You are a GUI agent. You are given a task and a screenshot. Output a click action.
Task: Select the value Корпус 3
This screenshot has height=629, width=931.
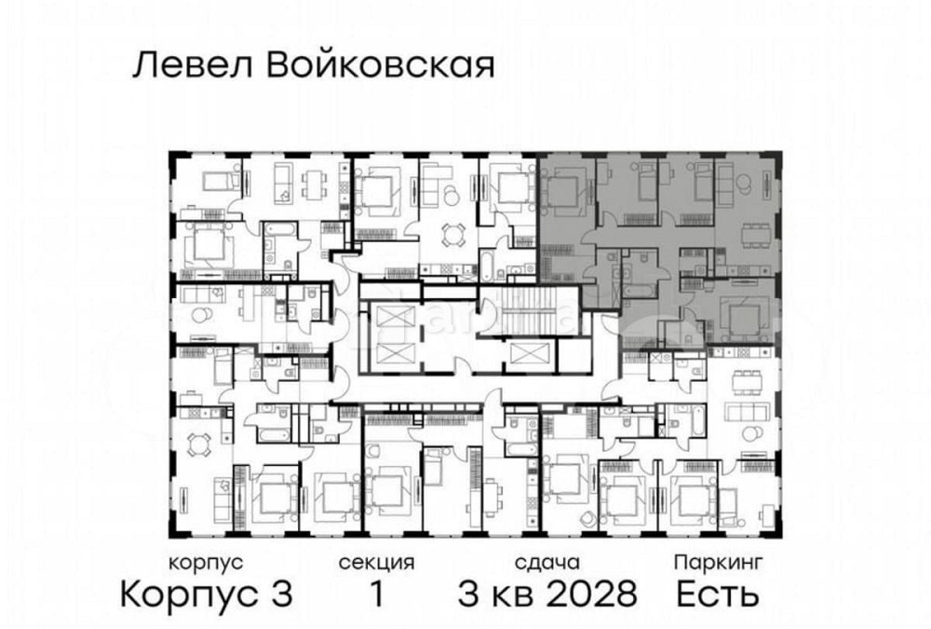pyautogui.click(x=208, y=593)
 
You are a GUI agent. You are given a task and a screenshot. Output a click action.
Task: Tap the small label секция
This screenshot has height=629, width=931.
pyautogui.click(x=376, y=563)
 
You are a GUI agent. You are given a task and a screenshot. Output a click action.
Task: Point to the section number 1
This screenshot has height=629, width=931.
pyautogui.click(x=376, y=593)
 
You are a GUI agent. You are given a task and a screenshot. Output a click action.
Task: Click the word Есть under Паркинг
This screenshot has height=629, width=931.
pyautogui.click(x=718, y=593)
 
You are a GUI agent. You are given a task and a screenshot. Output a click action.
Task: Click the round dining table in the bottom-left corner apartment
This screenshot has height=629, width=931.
pyautogui.click(x=196, y=441)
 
